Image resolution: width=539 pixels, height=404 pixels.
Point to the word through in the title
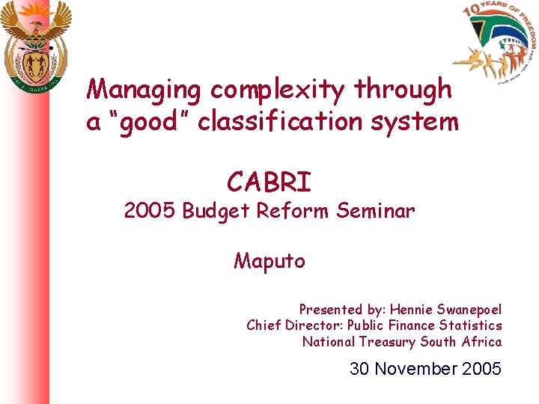coord(404,90)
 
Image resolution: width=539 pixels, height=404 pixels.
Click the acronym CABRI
coord(269,182)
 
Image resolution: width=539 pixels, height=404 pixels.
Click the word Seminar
coord(375,212)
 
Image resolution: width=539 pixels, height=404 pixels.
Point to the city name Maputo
coord(269,261)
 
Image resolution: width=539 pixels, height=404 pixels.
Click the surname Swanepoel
coord(469,309)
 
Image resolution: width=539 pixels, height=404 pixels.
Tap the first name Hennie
coord(410,309)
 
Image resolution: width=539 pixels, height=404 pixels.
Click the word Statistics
coord(471,325)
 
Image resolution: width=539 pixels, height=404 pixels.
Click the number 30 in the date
coord(360,369)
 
